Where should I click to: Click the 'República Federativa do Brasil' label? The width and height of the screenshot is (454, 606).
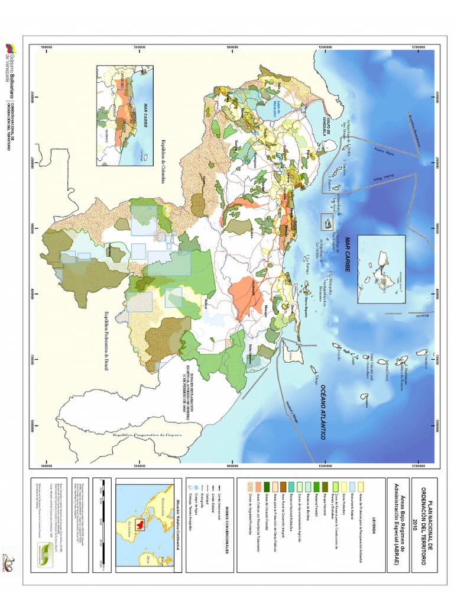click(107, 341)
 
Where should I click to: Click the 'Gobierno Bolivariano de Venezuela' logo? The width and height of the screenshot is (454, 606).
click(10, 65)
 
